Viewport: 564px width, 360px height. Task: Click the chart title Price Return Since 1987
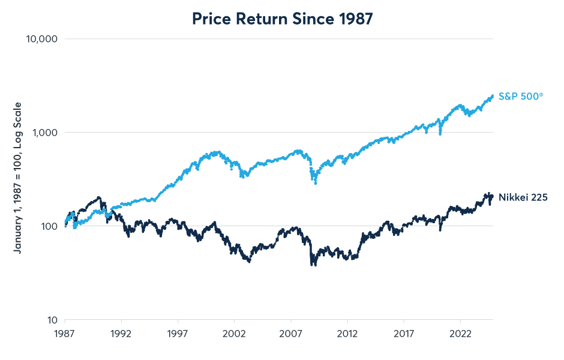282,19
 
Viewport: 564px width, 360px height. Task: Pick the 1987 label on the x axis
65,332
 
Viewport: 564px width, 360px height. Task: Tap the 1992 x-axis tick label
121,332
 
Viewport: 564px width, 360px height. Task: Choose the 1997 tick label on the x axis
178,332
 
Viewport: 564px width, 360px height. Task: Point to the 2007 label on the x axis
291,332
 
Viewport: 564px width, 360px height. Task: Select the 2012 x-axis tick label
347,332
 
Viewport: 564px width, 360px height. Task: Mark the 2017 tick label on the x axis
404,332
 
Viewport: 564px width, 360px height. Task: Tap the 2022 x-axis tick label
460,332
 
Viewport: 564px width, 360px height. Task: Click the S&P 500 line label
521,96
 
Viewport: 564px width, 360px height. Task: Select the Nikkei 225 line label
523,197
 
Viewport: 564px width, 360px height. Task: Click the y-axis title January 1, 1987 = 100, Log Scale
18,178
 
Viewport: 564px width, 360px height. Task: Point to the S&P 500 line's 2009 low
316,182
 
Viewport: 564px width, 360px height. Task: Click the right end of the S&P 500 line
493,95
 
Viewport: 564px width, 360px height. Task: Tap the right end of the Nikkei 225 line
493,196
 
